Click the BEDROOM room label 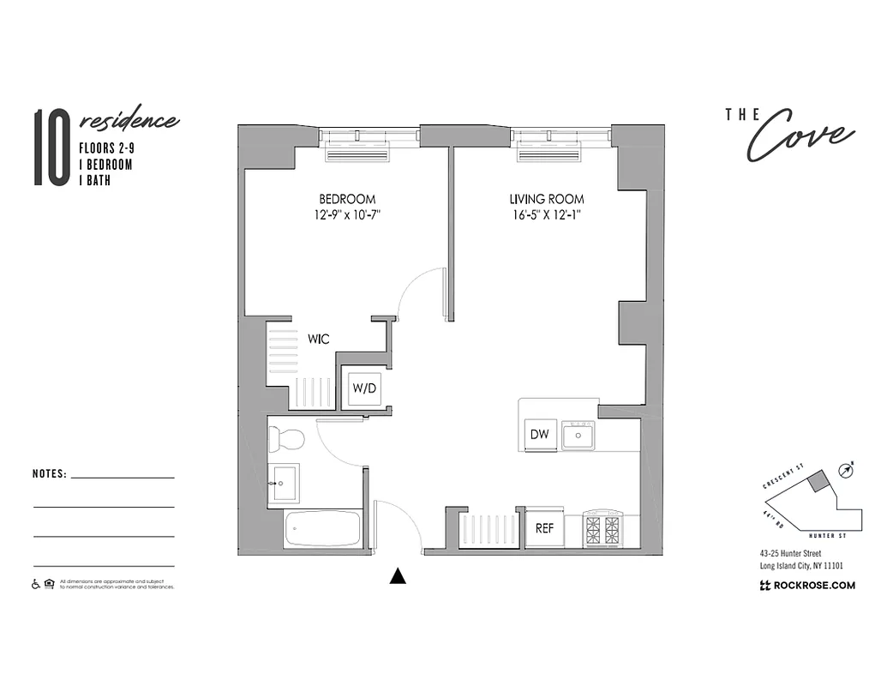coord(346,199)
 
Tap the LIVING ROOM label coord(546,199)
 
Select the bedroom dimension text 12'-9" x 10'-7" coord(346,215)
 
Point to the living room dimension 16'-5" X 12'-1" coord(546,215)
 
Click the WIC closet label coord(319,340)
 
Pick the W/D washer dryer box coord(364,388)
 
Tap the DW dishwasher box coord(539,435)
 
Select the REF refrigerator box coord(544,528)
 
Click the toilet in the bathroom coord(285,440)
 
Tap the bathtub coord(322,528)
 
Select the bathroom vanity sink coord(283,481)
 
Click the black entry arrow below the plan coord(397,576)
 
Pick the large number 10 coord(51,147)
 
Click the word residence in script coord(129,121)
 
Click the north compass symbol coord(847,469)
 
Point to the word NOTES coord(49,473)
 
